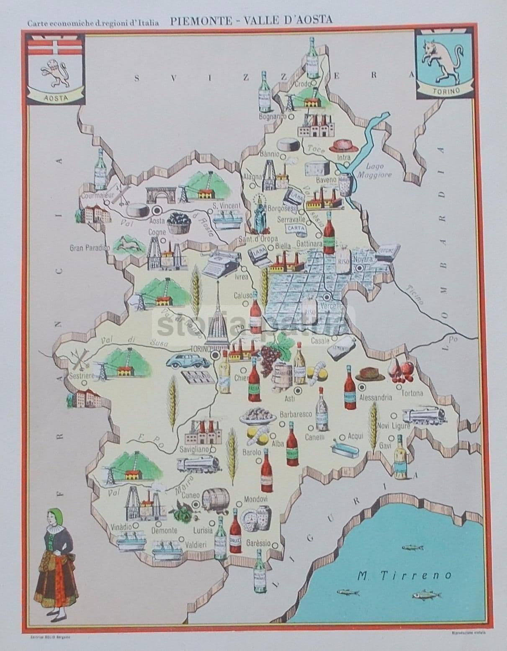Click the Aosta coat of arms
coord(56,69)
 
